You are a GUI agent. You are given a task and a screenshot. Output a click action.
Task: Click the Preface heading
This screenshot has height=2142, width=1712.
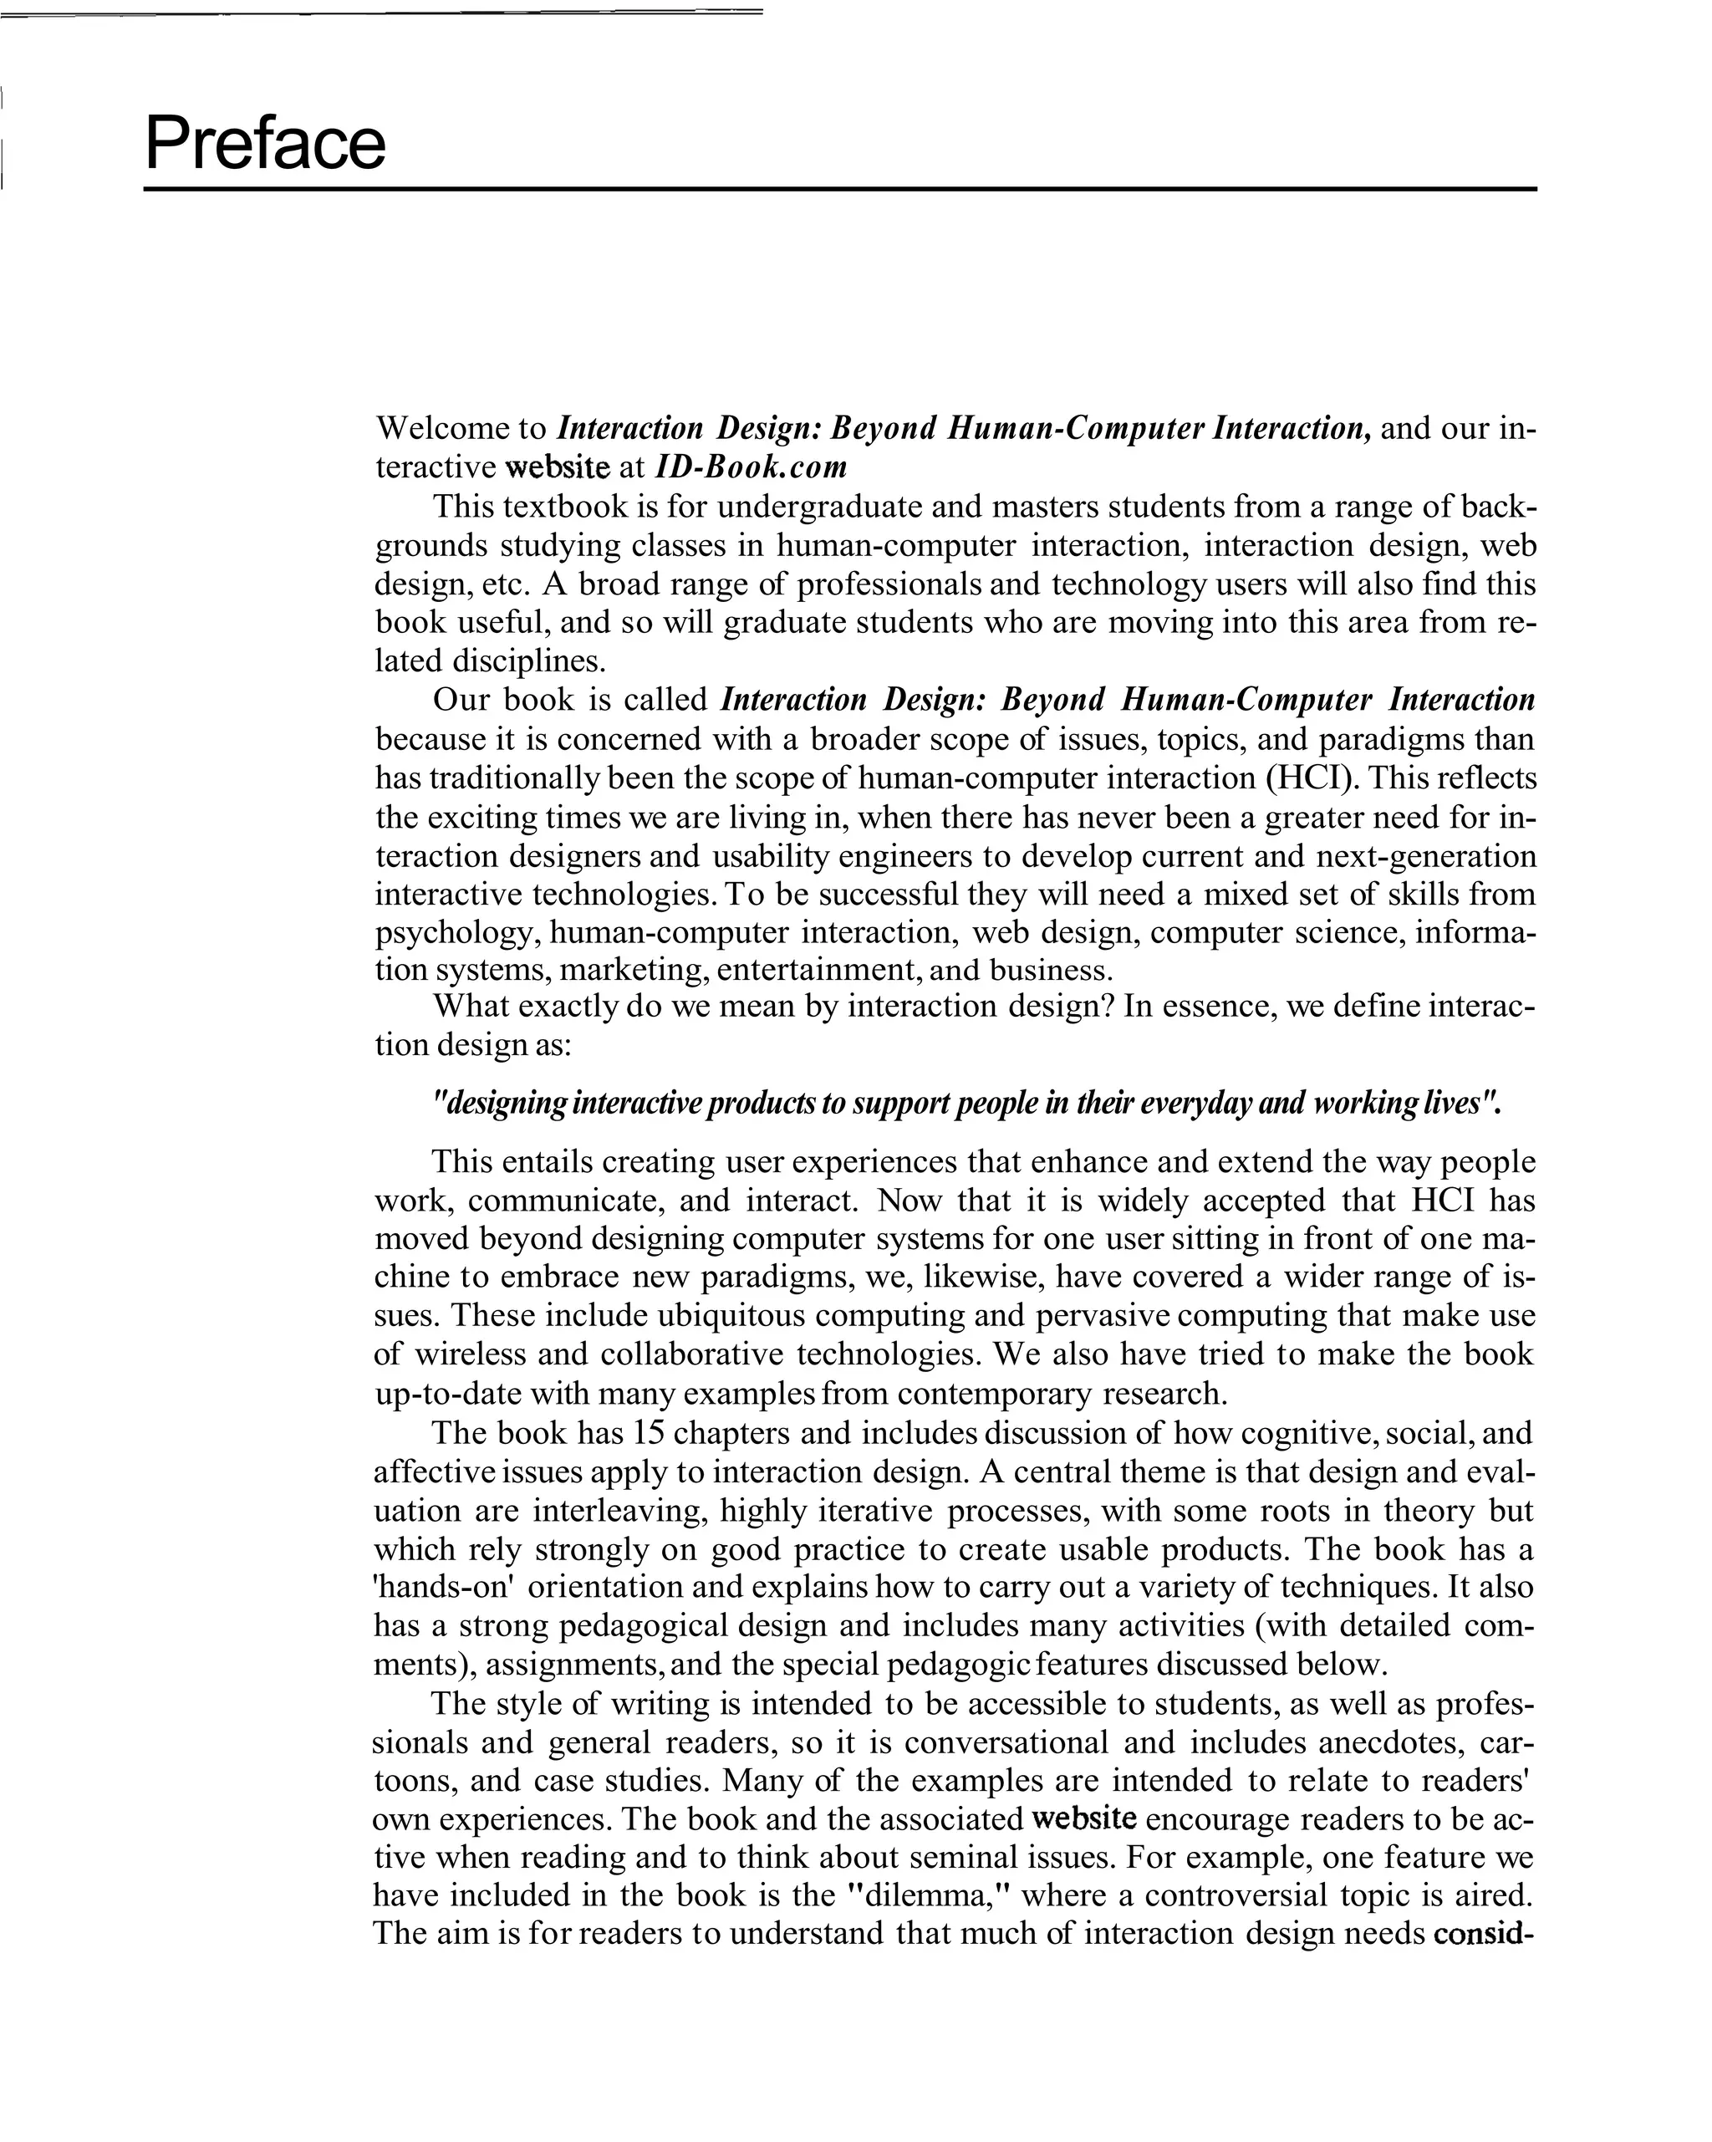click(264, 144)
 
